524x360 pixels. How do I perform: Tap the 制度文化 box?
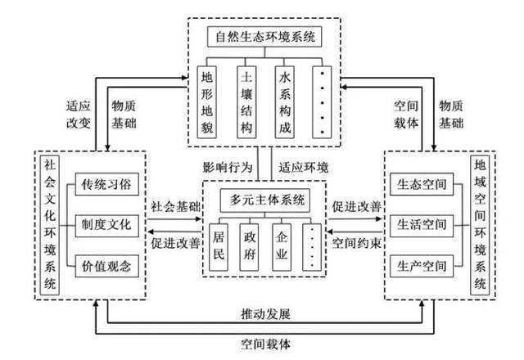click(x=102, y=224)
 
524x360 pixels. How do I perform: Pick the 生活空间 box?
click(x=418, y=224)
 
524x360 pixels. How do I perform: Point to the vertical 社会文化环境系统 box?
click(x=51, y=224)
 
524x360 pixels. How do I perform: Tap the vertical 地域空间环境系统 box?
click(x=479, y=224)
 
